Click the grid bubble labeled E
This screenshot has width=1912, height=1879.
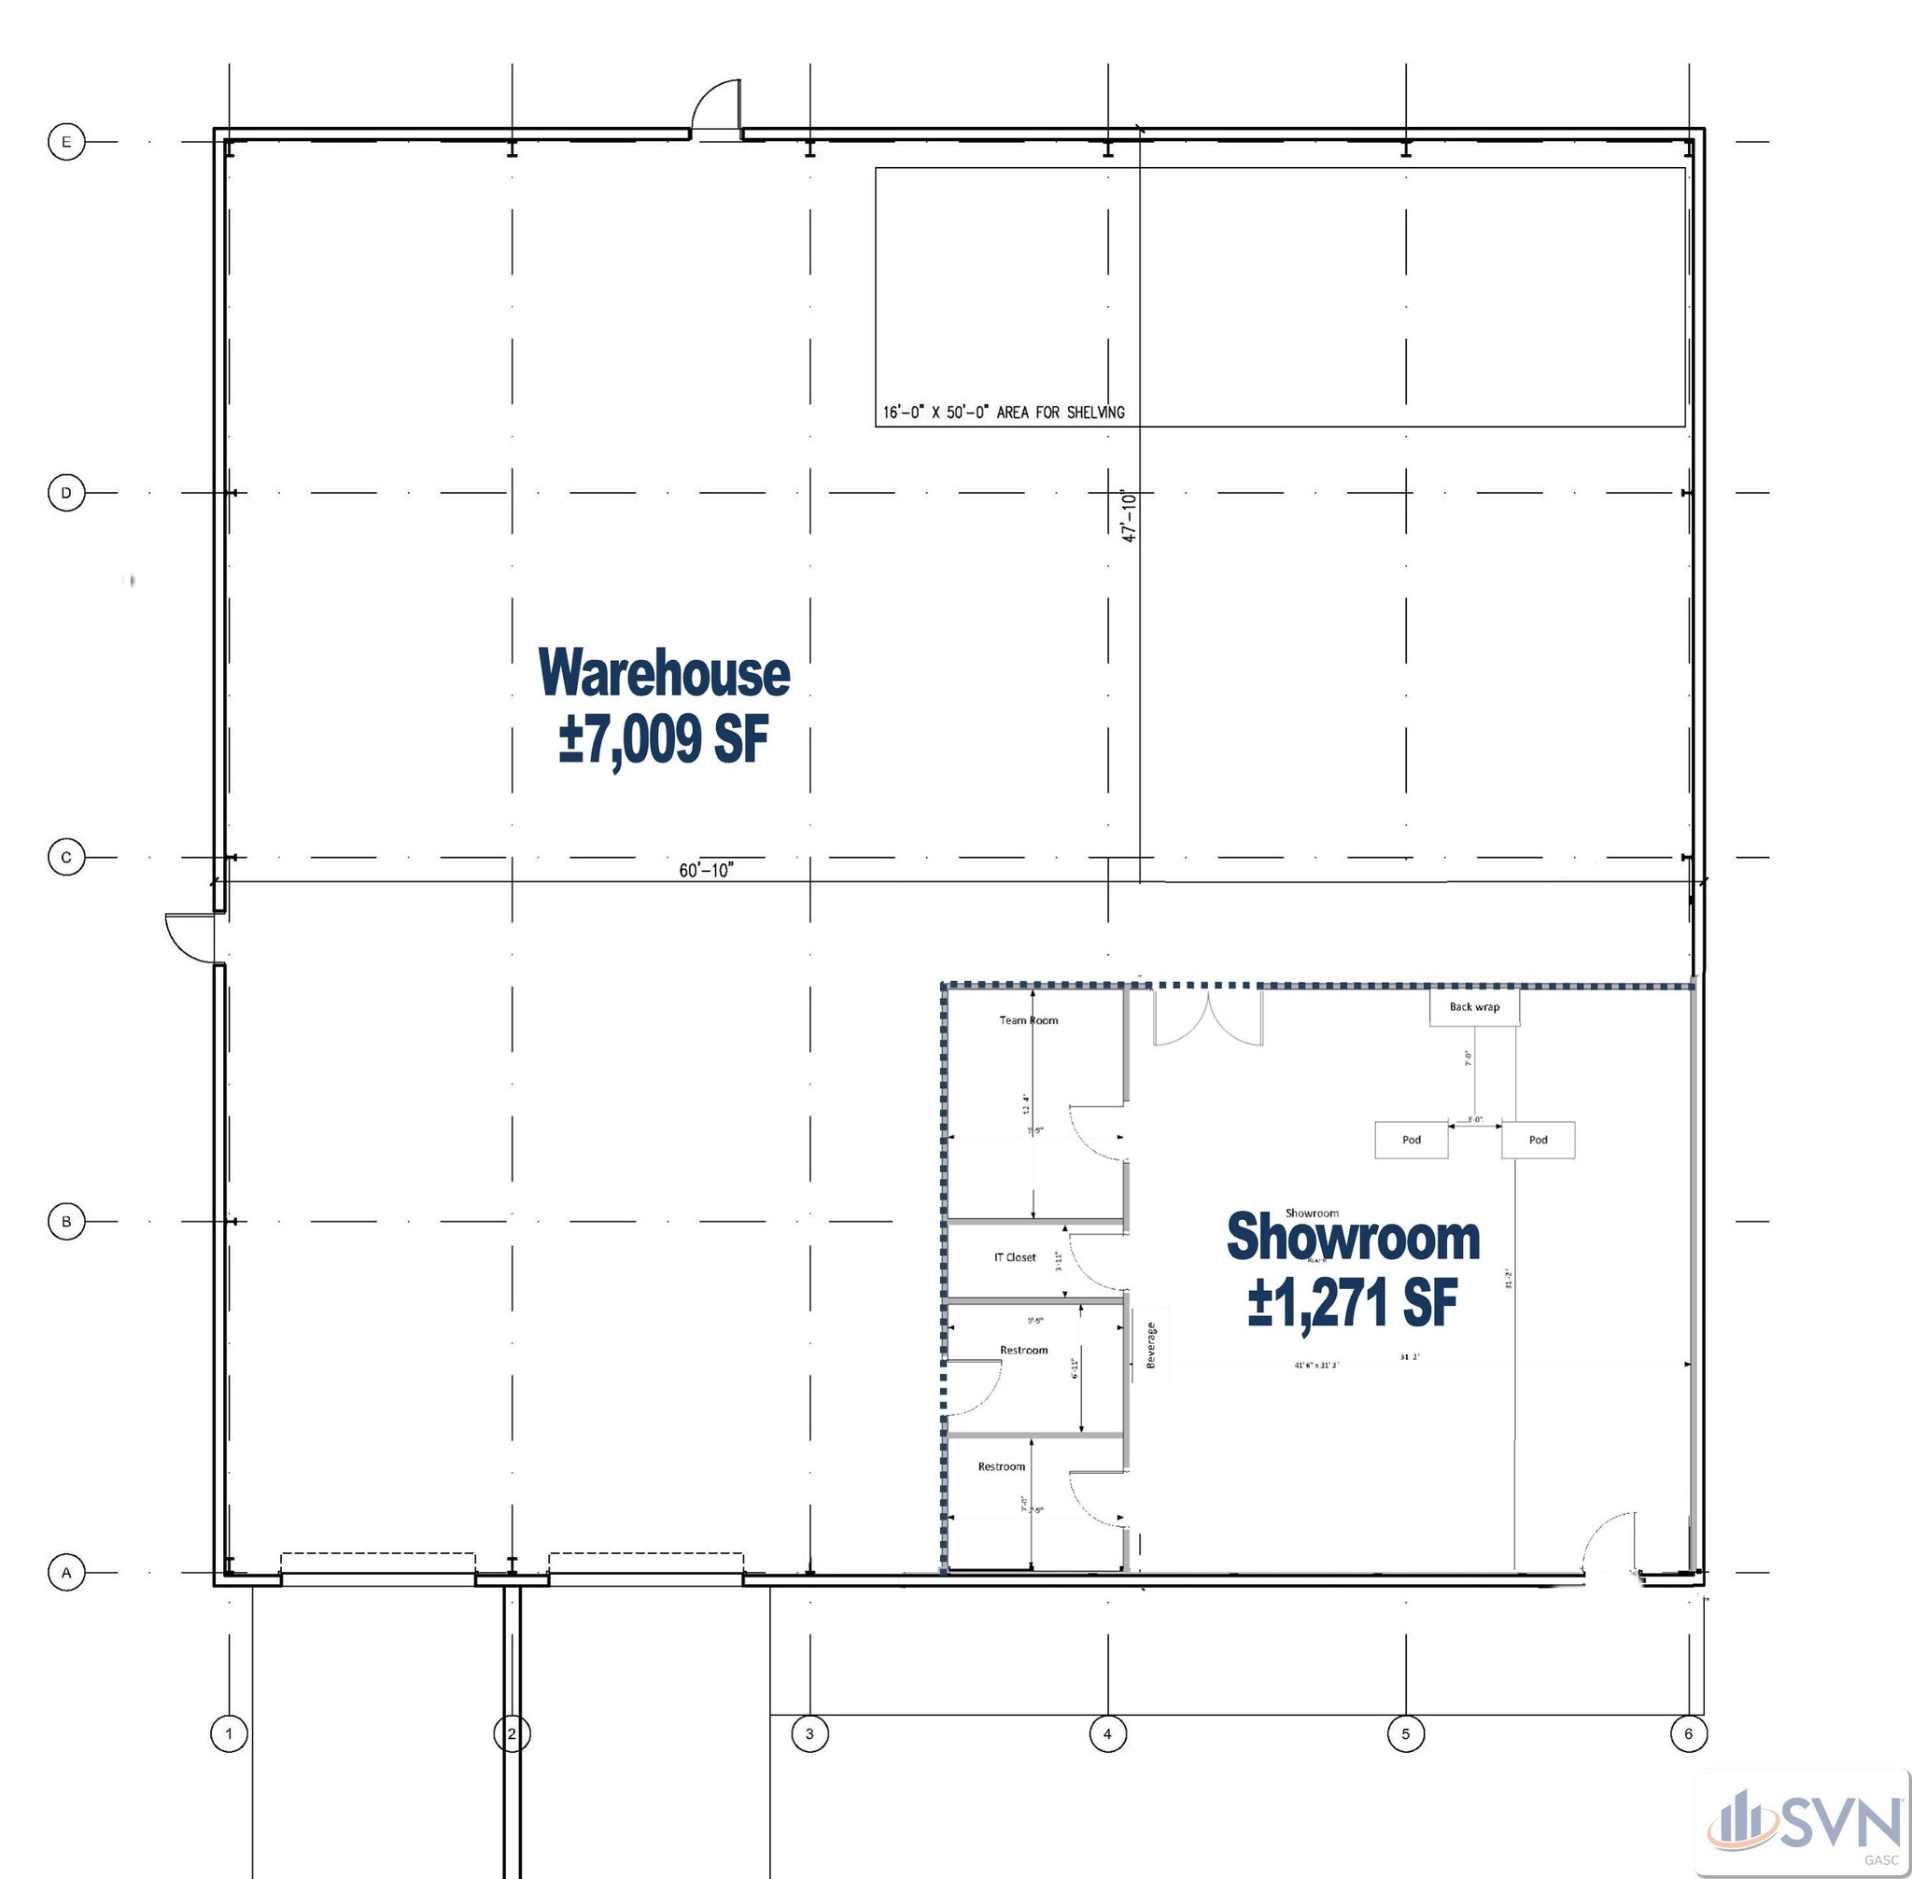(66, 142)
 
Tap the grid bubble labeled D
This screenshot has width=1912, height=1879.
(66, 493)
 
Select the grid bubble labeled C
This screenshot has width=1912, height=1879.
(66, 858)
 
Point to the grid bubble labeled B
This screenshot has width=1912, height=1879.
(66, 1222)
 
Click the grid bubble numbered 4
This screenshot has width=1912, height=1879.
(1107, 1734)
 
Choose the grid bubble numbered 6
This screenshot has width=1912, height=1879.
(1688, 1734)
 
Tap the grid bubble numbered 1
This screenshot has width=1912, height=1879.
(229, 1734)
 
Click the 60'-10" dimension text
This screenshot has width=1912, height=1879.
(706, 870)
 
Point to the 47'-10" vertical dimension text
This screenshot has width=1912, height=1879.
(1130, 516)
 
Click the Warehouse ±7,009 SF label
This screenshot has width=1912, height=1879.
(664, 705)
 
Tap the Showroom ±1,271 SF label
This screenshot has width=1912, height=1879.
(1353, 1269)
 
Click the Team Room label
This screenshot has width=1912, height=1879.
(1028, 1020)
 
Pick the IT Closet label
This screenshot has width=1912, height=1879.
(1015, 1257)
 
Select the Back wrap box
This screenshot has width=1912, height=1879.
(1474, 1007)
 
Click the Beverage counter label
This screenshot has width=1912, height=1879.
(1151, 1345)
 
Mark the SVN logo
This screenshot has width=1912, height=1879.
(1806, 1825)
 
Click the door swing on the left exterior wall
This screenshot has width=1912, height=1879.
(190, 937)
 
